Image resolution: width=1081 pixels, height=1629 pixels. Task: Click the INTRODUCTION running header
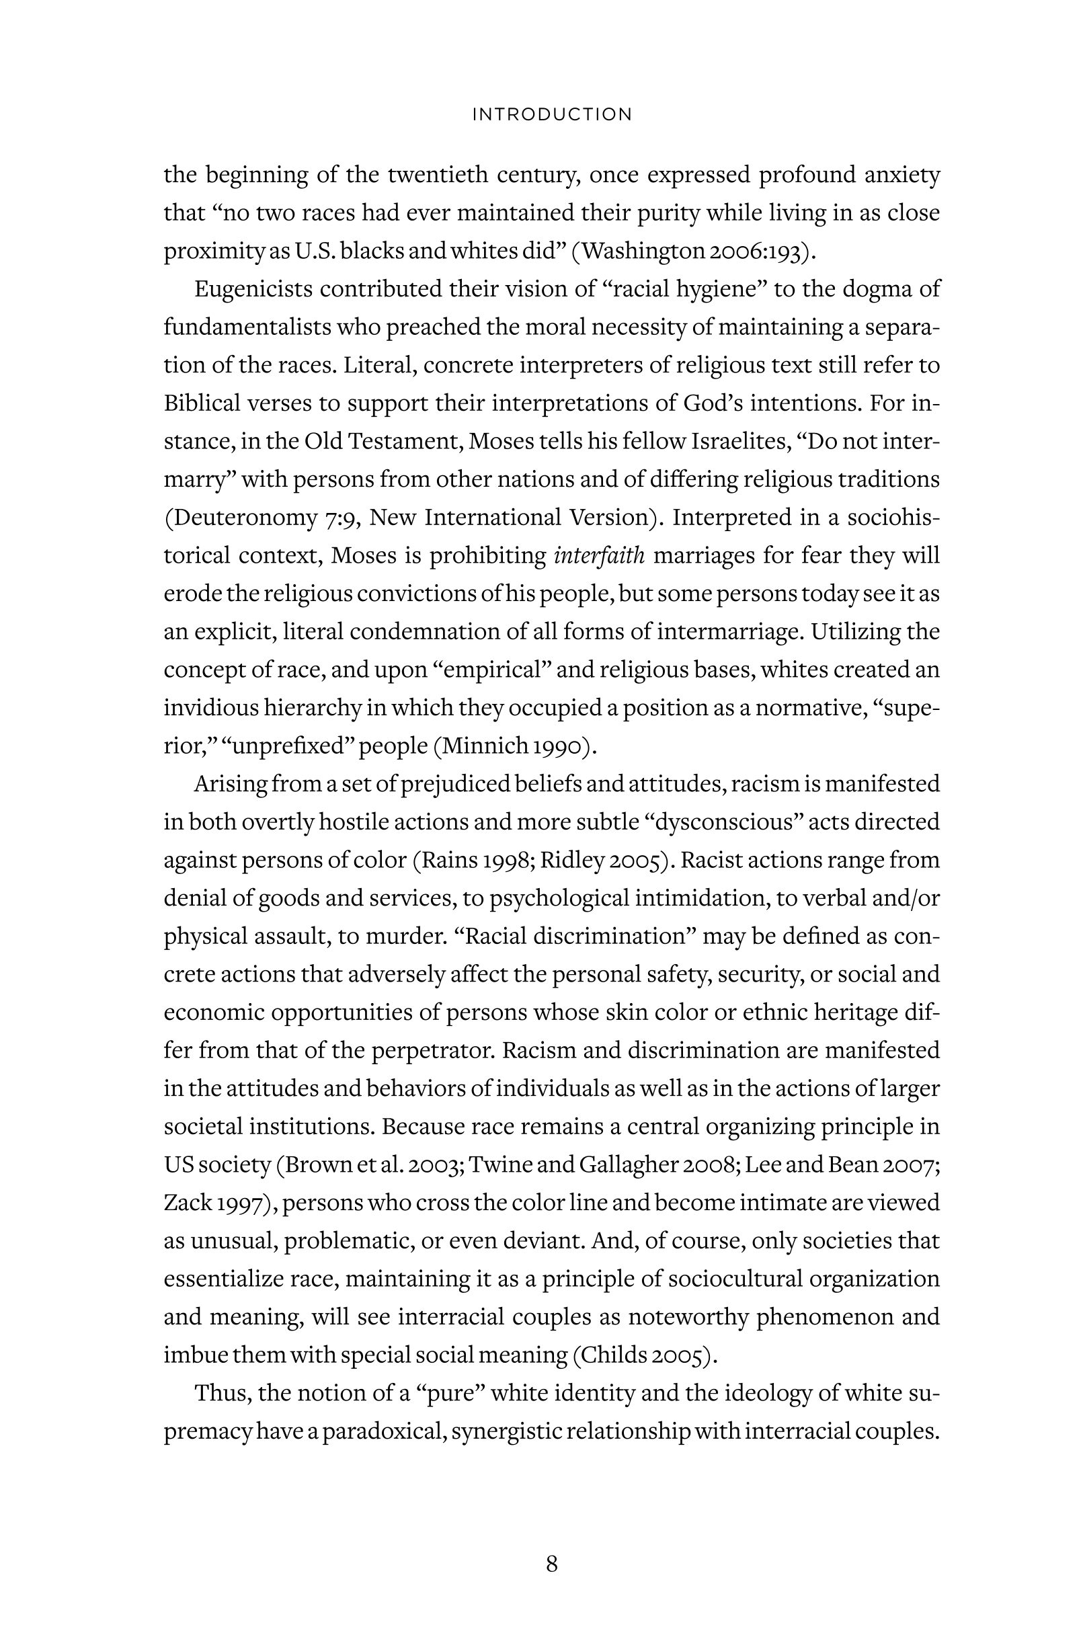551,114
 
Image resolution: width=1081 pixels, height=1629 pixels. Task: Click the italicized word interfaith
599,555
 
